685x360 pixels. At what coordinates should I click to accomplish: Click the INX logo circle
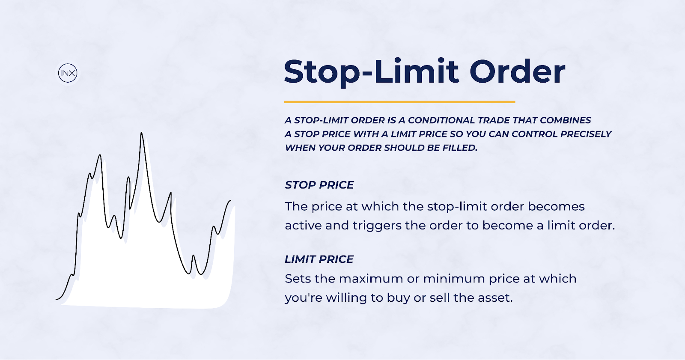68,73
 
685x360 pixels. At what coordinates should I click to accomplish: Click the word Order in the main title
518,71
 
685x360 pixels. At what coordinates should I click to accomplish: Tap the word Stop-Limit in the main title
372,72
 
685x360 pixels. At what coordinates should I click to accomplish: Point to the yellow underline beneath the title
400,102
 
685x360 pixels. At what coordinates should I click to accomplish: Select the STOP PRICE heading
319,185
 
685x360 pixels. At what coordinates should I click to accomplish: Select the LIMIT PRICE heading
319,259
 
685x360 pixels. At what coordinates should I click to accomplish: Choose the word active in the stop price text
303,226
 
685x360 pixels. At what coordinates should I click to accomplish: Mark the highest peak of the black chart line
141,132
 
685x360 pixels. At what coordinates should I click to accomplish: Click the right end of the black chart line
231,201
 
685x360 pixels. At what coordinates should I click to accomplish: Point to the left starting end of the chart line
56,299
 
